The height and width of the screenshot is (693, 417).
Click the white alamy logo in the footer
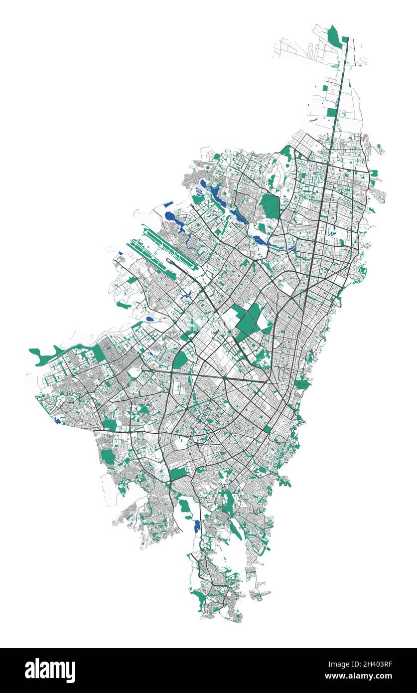pos(50,670)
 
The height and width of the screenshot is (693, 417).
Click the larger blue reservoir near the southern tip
pos(197,526)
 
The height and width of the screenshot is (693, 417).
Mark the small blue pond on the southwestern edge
pos(57,421)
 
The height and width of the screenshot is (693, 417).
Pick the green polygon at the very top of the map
pos(334,35)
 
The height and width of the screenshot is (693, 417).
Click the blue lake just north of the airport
pos(172,217)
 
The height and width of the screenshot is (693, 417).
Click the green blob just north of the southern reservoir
pos(185,506)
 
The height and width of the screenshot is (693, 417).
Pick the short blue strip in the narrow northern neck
pos(313,120)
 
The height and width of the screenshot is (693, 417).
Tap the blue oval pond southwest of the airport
pos(150,319)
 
